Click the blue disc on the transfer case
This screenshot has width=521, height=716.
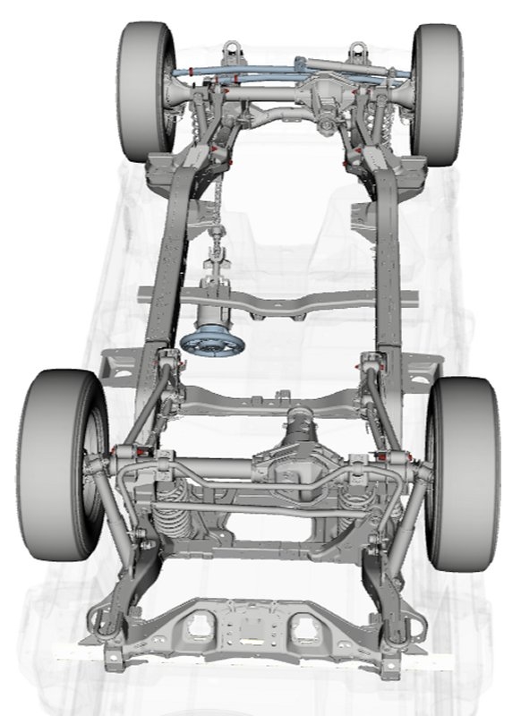click(212, 344)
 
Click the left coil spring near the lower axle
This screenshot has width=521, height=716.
click(170, 510)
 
